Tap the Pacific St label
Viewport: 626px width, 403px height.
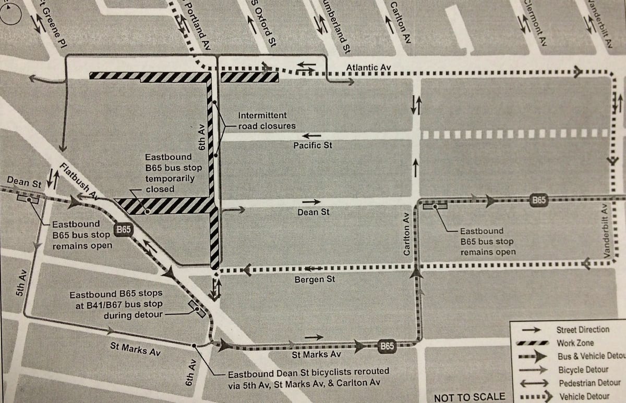[312, 145]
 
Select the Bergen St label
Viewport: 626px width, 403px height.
[315, 280]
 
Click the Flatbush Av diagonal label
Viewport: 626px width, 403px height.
[80, 181]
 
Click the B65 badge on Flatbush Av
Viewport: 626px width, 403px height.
[124, 230]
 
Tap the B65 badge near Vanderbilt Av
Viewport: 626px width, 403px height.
[539, 200]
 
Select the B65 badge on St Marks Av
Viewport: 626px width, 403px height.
[386, 346]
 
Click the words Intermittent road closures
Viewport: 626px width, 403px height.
[266, 120]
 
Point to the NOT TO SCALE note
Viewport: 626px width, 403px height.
[469, 397]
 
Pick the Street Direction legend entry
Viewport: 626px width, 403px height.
[582, 330]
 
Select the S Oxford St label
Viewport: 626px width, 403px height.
[263, 24]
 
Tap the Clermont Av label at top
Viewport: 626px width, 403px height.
[534, 21]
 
